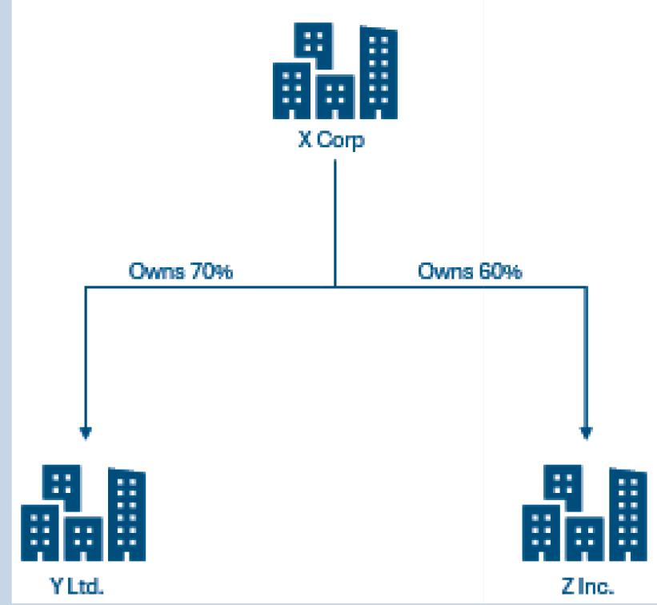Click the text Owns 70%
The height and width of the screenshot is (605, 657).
point(181,272)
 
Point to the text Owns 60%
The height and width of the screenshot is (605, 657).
point(471,272)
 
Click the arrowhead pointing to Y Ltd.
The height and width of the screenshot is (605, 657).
point(85,433)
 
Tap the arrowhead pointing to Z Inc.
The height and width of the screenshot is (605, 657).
point(587,433)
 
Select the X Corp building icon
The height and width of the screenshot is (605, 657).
point(334,71)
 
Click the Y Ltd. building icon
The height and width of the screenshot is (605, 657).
point(83,515)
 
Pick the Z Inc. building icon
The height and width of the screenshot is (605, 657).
point(584,515)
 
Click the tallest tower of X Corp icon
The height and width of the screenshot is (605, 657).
point(377,72)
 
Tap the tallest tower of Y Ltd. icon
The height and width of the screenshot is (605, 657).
point(126,515)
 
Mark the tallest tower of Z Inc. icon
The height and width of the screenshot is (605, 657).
point(627,515)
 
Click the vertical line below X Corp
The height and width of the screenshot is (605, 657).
point(335,216)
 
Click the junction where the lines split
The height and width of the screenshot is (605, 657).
point(335,286)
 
